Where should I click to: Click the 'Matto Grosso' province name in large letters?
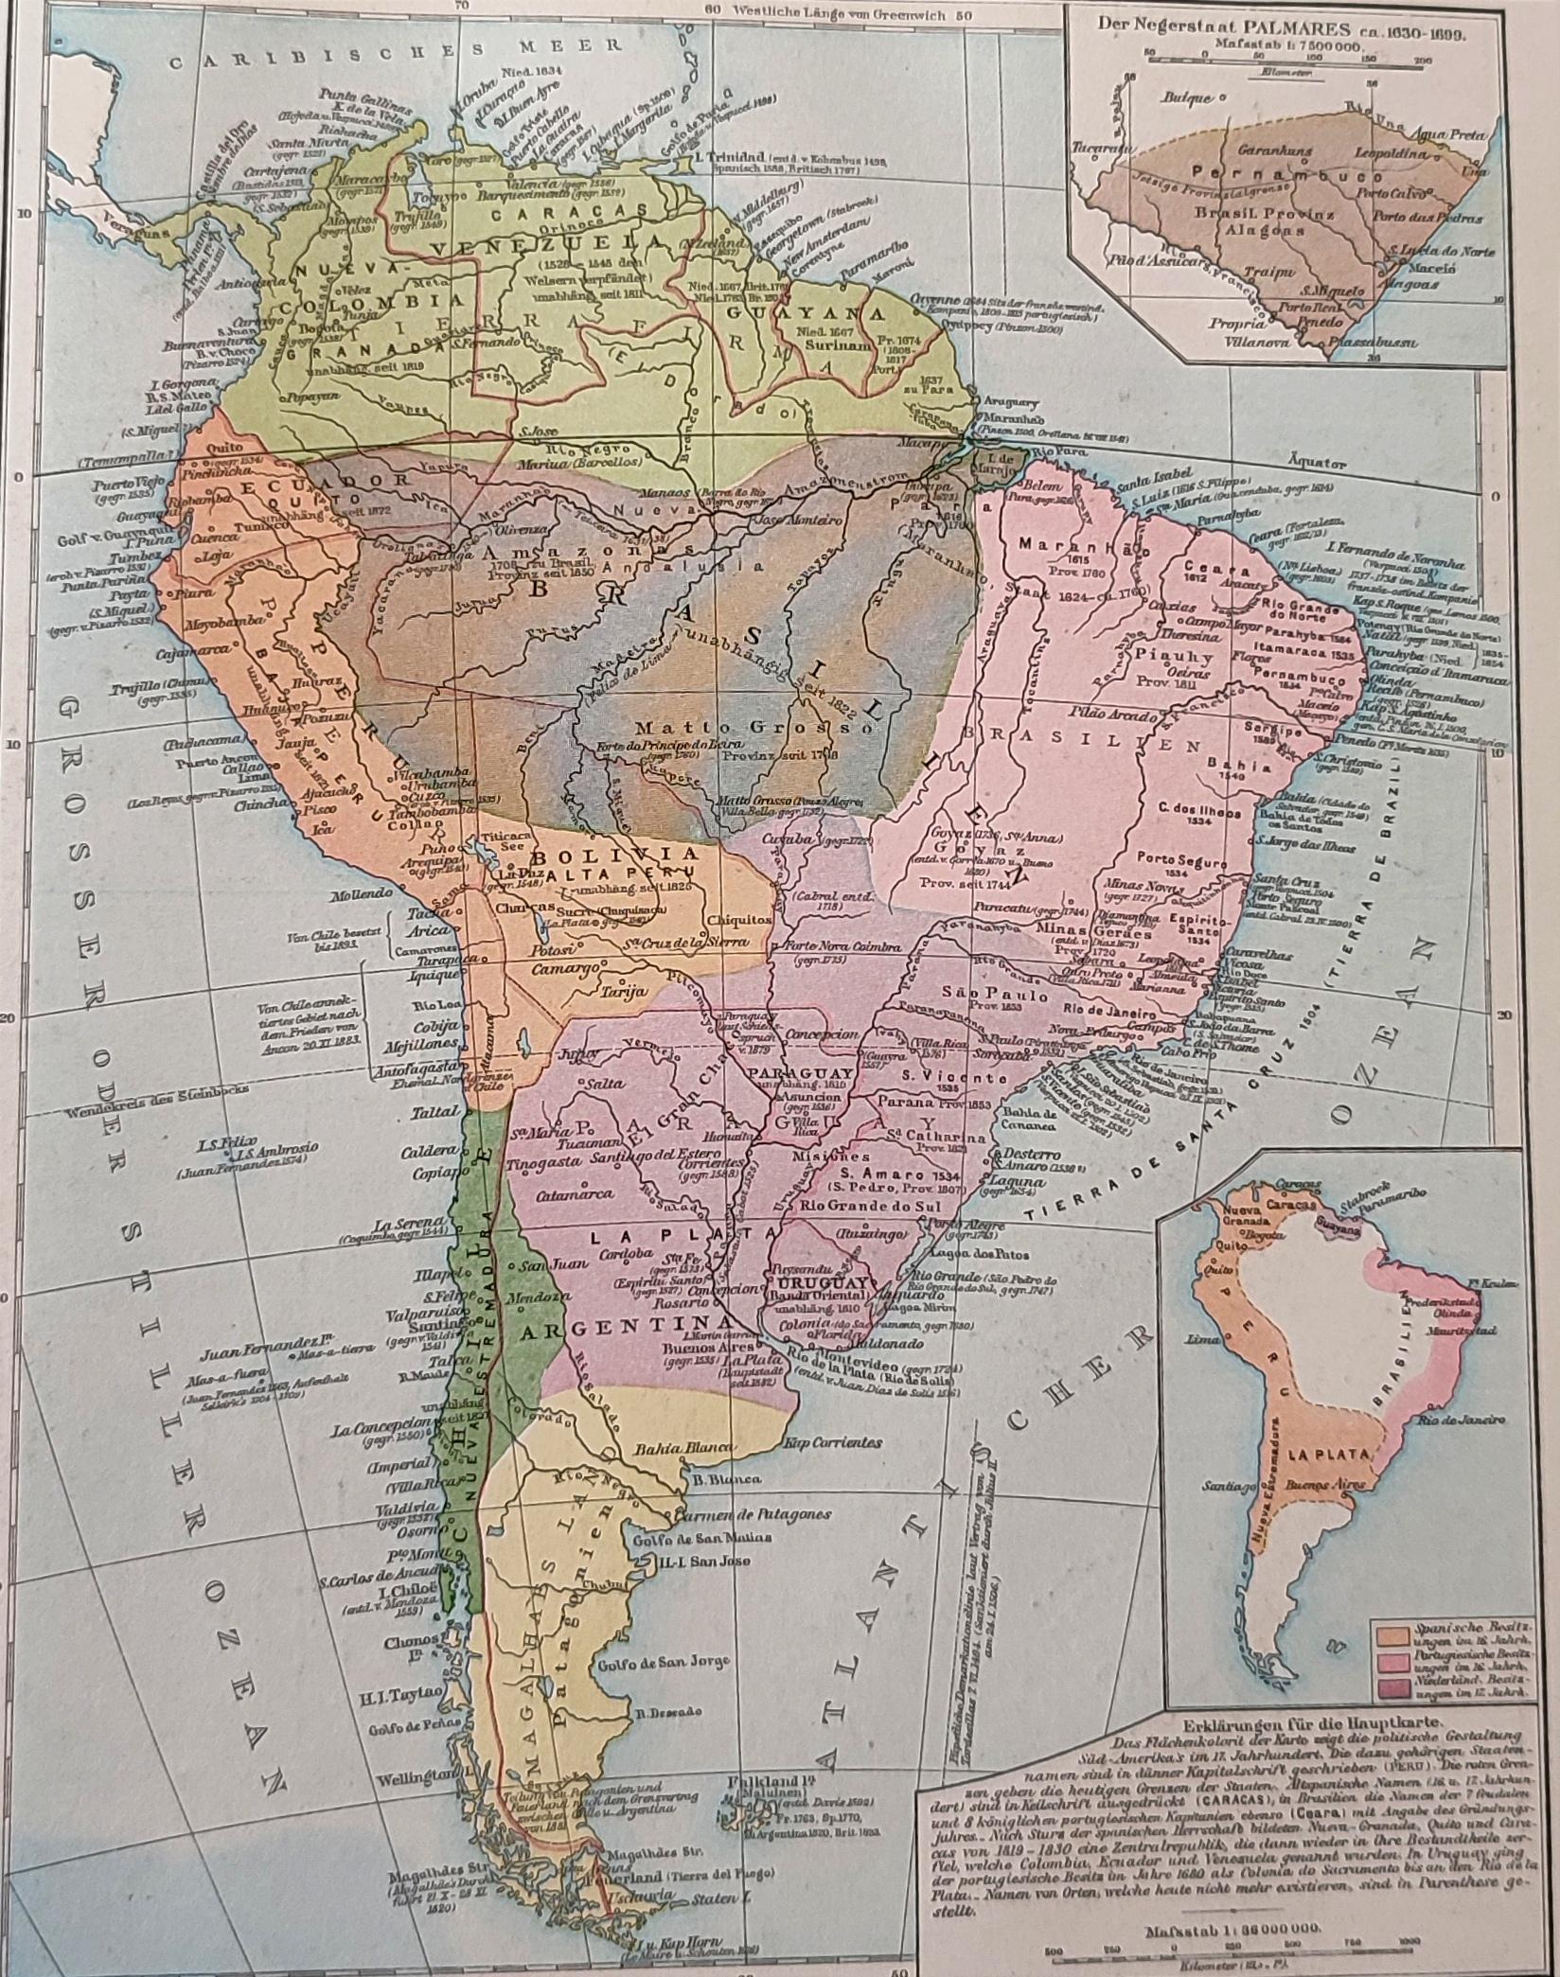click(x=701, y=730)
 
